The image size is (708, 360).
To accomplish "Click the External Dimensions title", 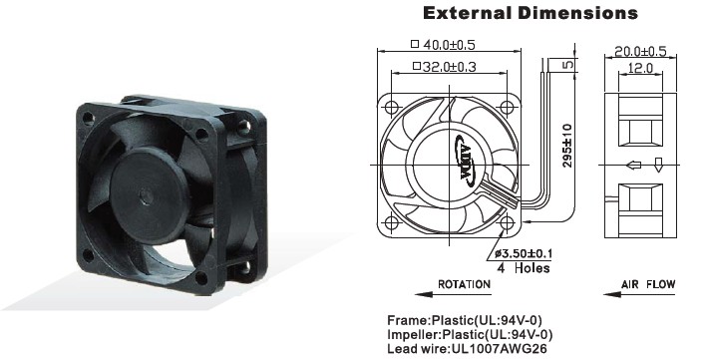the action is tap(531, 13).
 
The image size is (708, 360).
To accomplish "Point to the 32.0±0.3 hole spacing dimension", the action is tap(445, 67).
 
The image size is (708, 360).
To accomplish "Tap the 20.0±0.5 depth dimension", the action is tap(640, 51).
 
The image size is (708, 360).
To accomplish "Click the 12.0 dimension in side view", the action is tap(640, 68).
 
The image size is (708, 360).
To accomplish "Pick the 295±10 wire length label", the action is tap(567, 146).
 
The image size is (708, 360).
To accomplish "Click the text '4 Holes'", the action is tap(524, 268).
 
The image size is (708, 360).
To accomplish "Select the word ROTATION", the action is tap(464, 284).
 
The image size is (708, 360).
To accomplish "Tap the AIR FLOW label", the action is tap(648, 284).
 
